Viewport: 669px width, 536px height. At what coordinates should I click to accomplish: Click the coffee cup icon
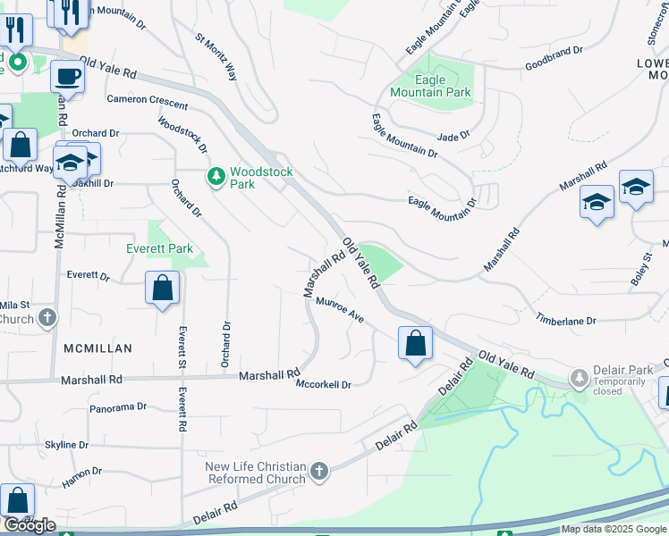click(67, 77)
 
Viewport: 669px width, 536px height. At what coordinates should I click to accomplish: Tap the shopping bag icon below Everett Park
click(163, 289)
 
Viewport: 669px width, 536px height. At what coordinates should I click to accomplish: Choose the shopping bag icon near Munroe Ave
click(415, 343)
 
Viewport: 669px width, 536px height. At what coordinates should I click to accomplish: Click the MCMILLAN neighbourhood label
click(97, 348)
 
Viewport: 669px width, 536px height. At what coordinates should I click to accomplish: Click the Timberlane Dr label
click(565, 320)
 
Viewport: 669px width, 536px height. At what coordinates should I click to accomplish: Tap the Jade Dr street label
click(453, 137)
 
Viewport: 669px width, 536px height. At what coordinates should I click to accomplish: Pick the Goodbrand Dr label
click(554, 65)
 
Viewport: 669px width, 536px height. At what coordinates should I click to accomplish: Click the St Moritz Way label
click(216, 58)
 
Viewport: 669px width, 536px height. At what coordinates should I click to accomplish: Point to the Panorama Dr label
click(118, 407)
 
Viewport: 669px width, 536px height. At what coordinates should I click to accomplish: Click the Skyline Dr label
click(67, 445)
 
